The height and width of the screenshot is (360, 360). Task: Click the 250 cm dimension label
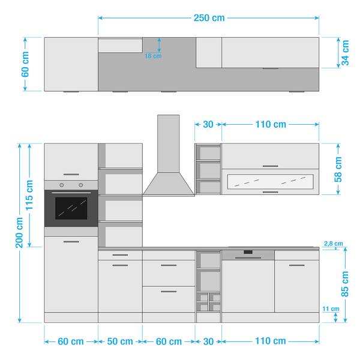click(209, 18)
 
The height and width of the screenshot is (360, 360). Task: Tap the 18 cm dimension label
click(153, 56)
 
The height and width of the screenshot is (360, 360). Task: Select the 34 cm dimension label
click(345, 53)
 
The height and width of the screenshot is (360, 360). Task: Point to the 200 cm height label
click(19, 233)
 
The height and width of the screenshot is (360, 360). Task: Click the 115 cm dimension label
click(29, 195)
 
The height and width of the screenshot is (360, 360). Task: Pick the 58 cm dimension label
click(338, 169)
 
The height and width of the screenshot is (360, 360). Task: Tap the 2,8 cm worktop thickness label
click(334, 244)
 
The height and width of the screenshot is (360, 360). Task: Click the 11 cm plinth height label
click(331, 309)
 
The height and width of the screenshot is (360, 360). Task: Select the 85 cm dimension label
click(345, 284)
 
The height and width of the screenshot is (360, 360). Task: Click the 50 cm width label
click(120, 341)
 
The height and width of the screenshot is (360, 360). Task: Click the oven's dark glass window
click(71, 208)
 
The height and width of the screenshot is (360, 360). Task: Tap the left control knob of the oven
click(62, 185)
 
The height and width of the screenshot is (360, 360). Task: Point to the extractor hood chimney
click(168, 143)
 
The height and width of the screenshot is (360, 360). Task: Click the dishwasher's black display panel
click(248, 252)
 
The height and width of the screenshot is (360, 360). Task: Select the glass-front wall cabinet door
click(270, 182)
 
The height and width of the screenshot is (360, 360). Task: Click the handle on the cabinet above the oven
click(71, 175)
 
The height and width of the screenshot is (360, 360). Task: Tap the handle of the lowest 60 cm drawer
click(169, 292)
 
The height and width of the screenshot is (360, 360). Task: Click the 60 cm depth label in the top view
click(25, 64)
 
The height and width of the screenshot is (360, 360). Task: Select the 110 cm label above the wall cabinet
click(271, 124)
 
